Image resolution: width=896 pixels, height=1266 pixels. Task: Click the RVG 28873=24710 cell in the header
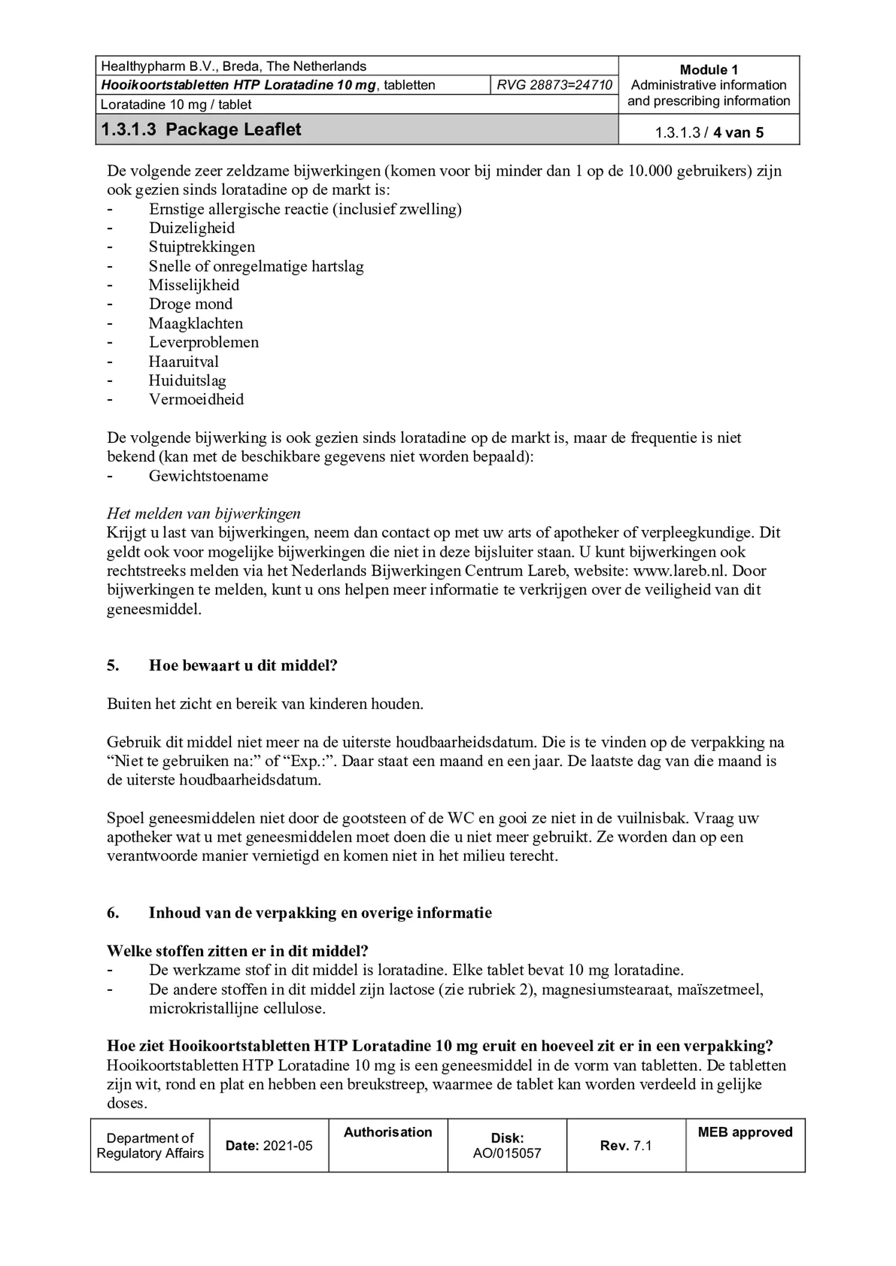[554, 85]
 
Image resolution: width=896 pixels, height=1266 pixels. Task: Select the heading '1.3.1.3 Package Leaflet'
[201, 129]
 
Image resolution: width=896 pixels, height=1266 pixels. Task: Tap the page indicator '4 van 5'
[738, 132]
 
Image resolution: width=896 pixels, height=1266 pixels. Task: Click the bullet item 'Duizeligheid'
[191, 228]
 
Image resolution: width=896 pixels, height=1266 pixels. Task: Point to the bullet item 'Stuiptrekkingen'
[202, 247]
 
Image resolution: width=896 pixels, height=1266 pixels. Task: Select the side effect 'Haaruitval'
[184, 361]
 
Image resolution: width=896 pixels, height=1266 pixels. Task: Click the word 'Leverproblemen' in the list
[204, 342]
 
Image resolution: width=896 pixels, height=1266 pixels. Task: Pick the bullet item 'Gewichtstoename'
[208, 476]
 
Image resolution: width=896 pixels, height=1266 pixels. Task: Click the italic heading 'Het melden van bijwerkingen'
[203, 514]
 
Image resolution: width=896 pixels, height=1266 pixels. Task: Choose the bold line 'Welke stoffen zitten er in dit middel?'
[237, 951]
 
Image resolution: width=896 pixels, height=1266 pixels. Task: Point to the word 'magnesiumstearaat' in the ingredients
[607, 989]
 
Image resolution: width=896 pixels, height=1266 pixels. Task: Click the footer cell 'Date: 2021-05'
[269, 1146]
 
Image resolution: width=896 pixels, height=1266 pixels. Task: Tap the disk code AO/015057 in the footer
[507, 1153]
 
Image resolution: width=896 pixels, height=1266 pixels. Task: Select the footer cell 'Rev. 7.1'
[626, 1146]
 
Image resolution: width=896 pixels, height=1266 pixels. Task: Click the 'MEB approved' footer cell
[745, 1132]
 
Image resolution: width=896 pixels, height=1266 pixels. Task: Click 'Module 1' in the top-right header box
[708, 70]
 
